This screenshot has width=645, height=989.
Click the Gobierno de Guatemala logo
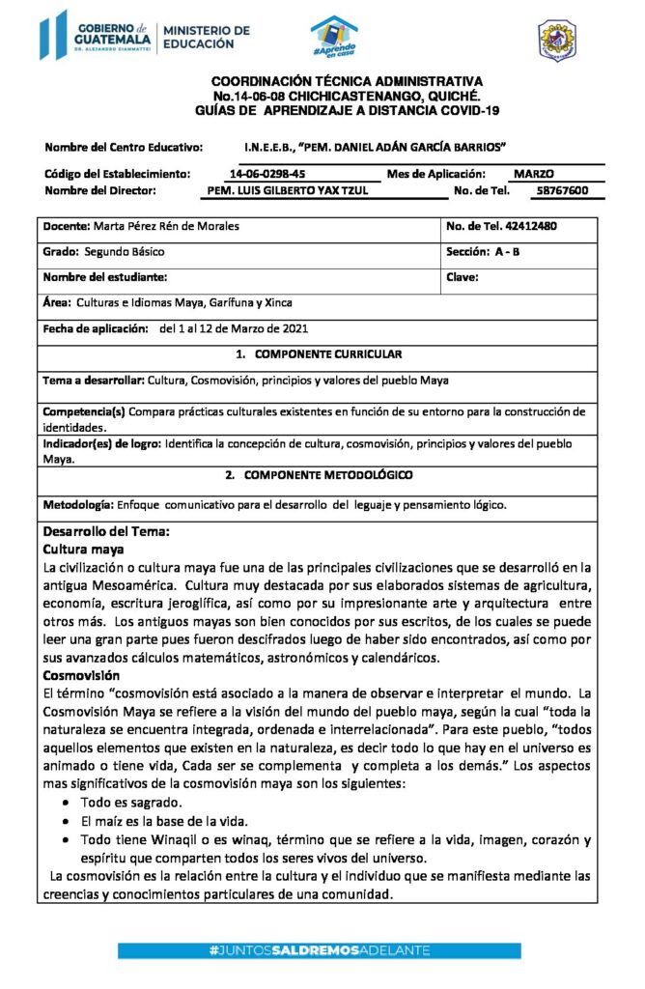(98, 36)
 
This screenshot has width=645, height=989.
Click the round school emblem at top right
(556, 40)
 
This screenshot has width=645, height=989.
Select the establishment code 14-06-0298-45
(267, 174)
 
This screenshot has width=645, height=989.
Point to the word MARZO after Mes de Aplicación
(534, 174)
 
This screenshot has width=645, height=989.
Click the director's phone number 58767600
(562, 191)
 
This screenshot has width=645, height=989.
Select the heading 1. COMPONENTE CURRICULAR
(320, 354)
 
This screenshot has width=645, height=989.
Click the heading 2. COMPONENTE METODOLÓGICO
(319, 475)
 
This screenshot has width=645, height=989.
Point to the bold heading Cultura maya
(84, 549)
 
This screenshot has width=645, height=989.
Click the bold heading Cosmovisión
(82, 675)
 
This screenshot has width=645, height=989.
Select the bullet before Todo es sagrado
(64, 804)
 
